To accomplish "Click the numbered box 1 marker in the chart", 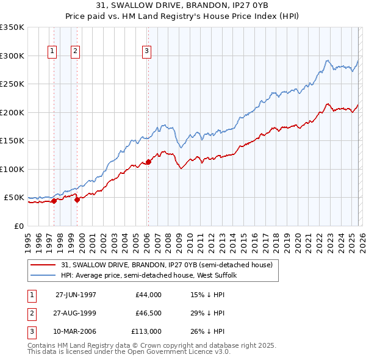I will [x=53, y=52].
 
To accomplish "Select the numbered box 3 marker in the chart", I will [x=147, y=52].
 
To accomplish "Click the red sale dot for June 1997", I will [x=54, y=200].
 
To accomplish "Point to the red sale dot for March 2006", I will [x=148, y=162].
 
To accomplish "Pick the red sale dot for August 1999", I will [x=77, y=199].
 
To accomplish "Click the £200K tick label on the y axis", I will [x=12, y=112].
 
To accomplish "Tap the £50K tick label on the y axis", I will [x=14, y=198].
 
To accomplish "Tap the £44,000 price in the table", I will [x=148, y=295].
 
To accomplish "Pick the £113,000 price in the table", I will [x=146, y=331].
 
